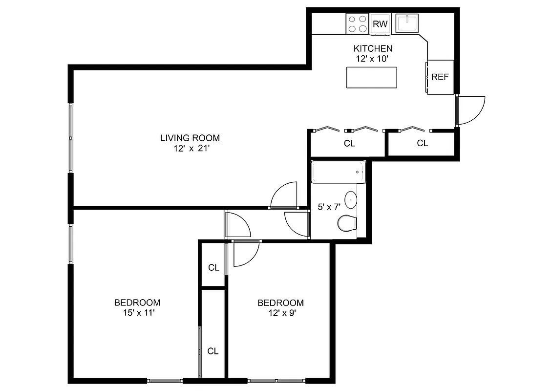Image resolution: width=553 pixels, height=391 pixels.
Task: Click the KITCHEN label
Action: tap(373, 48)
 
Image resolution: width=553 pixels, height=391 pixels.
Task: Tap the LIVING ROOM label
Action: tap(190, 138)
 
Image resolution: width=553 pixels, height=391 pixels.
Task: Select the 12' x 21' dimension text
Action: tap(190, 149)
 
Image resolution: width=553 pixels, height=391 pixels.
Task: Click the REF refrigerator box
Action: tap(440, 77)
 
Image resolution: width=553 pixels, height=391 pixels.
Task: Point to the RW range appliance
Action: tap(380, 24)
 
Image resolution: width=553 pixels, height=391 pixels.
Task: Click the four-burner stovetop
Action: tap(357, 23)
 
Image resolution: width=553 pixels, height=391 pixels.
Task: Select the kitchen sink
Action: tap(407, 23)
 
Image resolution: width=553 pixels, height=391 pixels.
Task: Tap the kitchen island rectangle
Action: tap(371, 77)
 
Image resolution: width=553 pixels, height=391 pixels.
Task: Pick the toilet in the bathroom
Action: tap(347, 223)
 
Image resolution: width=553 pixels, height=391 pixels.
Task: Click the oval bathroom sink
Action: tap(351, 199)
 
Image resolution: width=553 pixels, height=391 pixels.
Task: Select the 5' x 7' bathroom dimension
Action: tap(329, 207)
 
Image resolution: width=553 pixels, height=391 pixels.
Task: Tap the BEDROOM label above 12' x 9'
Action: tap(280, 303)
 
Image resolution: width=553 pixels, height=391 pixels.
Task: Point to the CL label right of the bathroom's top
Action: tap(423, 143)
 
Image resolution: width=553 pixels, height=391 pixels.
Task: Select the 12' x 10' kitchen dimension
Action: tap(373, 58)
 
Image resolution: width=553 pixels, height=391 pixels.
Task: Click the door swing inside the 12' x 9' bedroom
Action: tap(245, 254)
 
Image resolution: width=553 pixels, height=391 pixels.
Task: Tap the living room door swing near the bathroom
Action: tap(283, 195)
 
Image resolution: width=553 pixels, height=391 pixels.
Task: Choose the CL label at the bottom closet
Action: tap(213, 351)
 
